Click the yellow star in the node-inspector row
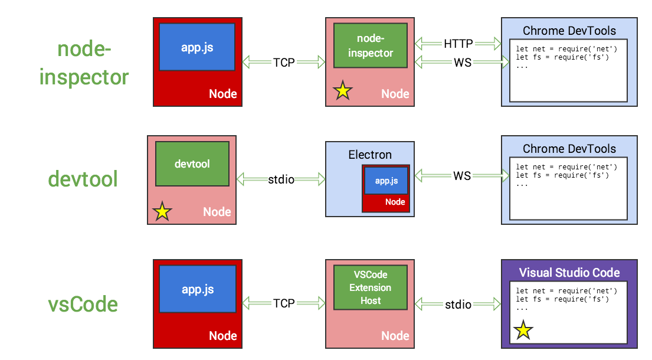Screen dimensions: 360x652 343,90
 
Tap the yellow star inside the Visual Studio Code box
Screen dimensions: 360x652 523,330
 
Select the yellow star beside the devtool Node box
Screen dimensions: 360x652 162,211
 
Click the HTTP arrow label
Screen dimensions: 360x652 458,44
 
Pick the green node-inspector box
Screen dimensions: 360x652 370,45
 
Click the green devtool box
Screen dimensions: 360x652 192,163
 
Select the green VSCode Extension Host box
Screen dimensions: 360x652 370,287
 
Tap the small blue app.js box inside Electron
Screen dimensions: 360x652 386,181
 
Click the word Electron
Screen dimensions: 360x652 370,155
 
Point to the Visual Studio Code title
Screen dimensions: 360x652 569,272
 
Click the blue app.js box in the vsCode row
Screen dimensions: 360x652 198,289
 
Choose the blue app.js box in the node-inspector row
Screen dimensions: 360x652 198,47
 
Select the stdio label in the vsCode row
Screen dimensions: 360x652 458,305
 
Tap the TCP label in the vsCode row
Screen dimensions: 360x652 284,303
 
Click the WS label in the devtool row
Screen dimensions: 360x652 462,175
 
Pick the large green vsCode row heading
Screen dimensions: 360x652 83,305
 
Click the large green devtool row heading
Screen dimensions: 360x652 83,178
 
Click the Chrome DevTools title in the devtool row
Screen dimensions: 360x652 569,149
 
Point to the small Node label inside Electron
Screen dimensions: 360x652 395,202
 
